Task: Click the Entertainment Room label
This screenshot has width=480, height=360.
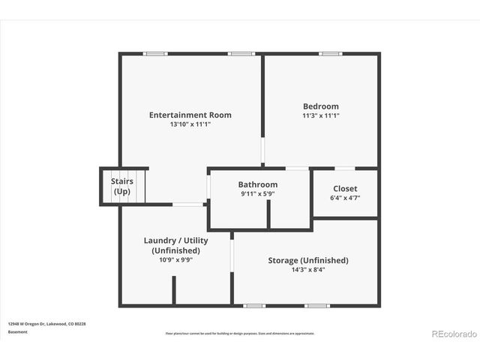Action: (190, 115)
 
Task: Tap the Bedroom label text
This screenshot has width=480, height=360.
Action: (320, 106)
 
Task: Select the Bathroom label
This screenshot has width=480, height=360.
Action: (257, 184)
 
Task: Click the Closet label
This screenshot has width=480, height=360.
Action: (345, 188)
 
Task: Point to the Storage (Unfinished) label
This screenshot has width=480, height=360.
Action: (307, 260)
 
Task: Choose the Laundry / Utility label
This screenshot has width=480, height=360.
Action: (175, 240)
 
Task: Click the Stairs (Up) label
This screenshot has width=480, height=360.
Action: (121, 186)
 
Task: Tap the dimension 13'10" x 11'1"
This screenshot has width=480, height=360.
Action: (190, 124)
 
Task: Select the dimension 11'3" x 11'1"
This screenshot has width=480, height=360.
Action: (320, 116)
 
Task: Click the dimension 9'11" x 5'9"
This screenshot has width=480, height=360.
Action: (257, 194)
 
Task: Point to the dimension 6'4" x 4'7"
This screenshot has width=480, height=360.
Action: (345, 198)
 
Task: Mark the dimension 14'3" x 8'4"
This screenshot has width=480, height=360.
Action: (307, 270)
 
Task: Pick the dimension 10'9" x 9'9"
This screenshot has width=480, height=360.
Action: (175, 260)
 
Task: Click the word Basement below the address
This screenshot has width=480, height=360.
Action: (17, 331)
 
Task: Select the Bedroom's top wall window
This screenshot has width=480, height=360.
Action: (330, 53)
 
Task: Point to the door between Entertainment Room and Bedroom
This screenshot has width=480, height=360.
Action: (262, 150)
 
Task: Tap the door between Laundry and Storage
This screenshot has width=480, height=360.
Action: (232, 255)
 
